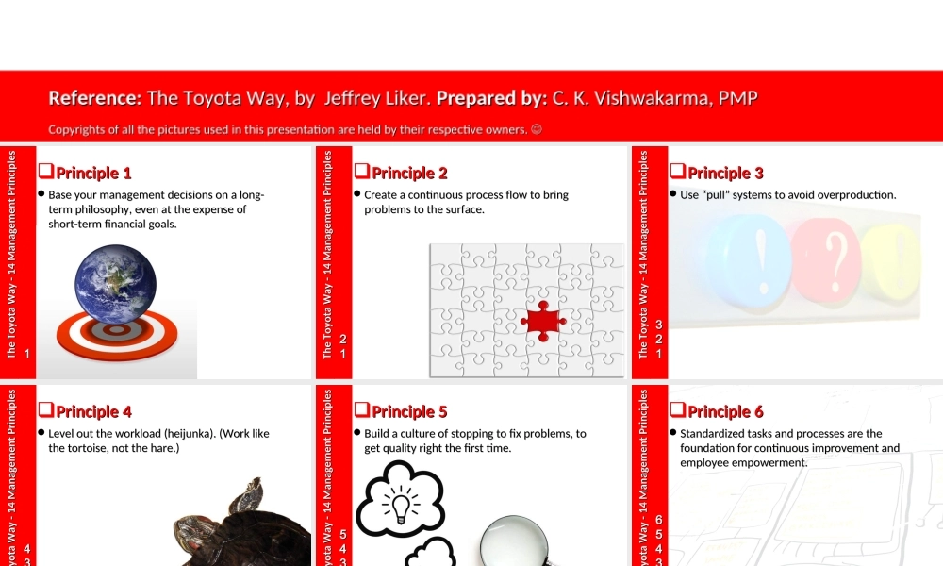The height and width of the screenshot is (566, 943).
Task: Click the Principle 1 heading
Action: click(x=93, y=174)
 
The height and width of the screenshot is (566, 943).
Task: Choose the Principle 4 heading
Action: click(x=93, y=412)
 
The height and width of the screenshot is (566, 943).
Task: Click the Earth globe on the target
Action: click(x=116, y=284)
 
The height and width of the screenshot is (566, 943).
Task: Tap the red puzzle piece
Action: click(x=543, y=322)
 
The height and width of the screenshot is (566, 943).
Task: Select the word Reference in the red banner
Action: click(x=94, y=98)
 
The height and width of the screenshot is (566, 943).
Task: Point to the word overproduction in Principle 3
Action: click(x=855, y=195)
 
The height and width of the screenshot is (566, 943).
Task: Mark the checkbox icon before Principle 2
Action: click(x=360, y=172)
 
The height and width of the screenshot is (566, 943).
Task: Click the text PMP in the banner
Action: click(x=738, y=98)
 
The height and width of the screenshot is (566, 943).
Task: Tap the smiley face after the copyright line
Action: click(x=537, y=129)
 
